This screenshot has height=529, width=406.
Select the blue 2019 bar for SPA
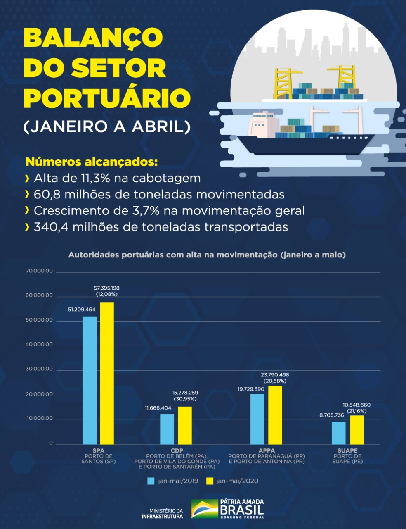coord(90,380)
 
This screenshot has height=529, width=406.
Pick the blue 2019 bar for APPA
coord(257,419)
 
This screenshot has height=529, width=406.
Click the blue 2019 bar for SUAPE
coord(339,433)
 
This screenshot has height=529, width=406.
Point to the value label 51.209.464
coord(82,309)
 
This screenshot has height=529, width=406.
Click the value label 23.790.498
coord(275,375)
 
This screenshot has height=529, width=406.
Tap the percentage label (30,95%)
coord(184,399)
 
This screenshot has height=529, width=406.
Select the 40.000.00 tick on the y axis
coord(39,344)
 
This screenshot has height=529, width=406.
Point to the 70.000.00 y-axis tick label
coord(39,271)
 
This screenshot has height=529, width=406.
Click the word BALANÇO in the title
coord(93,38)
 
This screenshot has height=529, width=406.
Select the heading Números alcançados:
coord(92,162)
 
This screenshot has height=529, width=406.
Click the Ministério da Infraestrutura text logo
coord(162,514)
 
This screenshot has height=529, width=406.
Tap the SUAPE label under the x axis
coord(347,450)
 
